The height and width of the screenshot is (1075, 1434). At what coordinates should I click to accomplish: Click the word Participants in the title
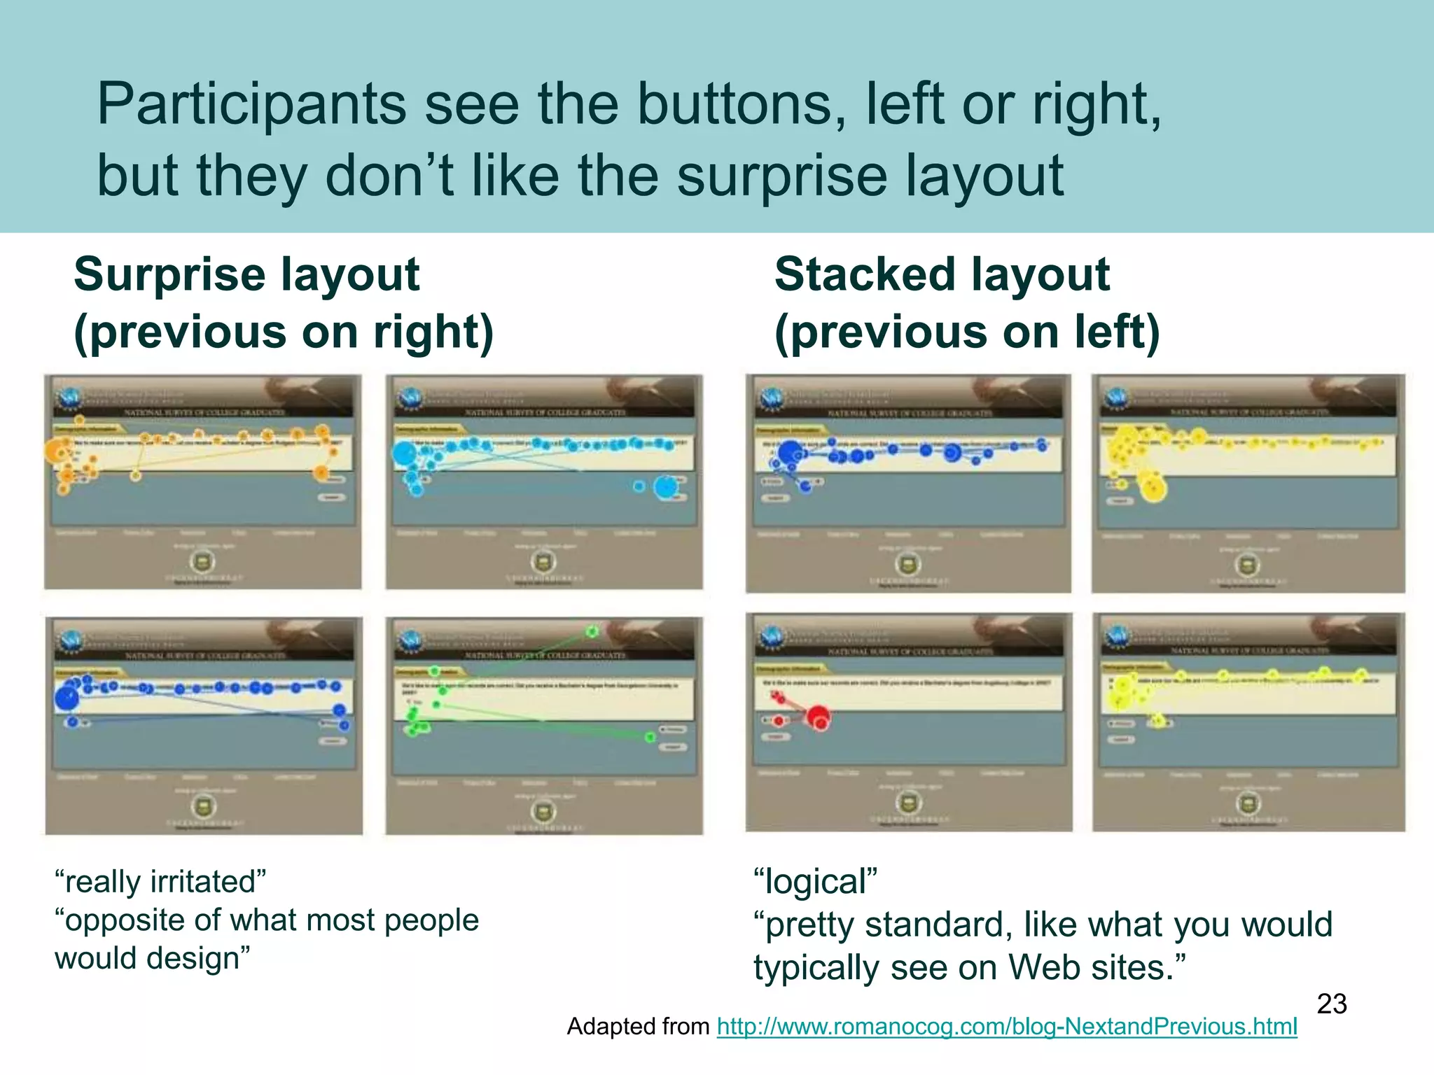click(251, 105)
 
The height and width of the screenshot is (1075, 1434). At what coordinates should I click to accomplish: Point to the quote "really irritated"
click(160, 881)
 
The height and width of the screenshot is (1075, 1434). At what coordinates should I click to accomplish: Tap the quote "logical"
click(815, 881)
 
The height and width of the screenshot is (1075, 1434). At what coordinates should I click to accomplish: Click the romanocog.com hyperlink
click(1006, 1026)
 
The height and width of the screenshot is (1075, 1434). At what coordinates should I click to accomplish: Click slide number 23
click(1331, 1004)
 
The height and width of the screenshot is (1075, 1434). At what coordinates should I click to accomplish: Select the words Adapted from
click(638, 1026)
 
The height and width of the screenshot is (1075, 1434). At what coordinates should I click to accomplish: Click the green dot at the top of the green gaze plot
click(592, 631)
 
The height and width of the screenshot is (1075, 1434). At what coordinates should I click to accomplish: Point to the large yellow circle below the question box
click(1153, 489)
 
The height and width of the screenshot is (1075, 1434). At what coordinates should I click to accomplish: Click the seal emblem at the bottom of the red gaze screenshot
click(909, 802)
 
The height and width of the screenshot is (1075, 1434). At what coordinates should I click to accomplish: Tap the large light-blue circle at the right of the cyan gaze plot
click(666, 487)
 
